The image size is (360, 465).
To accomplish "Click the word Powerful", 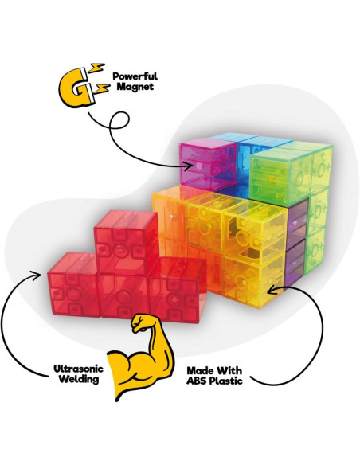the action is [135, 76].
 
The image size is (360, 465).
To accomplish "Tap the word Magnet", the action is [135, 87].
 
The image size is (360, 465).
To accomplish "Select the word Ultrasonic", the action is [78, 369].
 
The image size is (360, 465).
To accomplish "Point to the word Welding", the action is [79, 379].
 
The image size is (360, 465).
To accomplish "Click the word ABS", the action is [198, 381].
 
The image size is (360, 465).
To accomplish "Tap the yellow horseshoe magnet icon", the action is [76, 88].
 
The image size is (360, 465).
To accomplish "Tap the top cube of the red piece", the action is [127, 242].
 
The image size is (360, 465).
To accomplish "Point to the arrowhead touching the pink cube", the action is [189, 166].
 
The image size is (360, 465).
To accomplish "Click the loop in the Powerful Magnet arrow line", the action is [119, 121].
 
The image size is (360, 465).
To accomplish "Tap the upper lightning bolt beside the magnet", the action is [96, 68].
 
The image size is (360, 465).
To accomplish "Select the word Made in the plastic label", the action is [199, 371].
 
